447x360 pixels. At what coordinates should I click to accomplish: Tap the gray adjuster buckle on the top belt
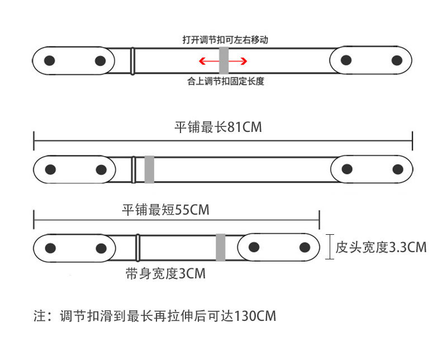[224, 60]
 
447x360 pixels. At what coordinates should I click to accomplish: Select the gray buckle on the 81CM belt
[149, 169]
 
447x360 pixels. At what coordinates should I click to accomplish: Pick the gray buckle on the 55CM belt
[221, 247]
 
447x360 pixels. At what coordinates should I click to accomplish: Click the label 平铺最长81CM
[218, 127]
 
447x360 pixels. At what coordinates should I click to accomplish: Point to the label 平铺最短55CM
[165, 210]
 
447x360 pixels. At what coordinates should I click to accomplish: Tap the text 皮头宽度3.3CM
[381, 247]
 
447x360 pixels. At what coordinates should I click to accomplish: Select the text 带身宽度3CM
[165, 274]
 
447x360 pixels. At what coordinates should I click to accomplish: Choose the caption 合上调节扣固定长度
[225, 82]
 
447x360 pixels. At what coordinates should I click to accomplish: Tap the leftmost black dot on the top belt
[50, 60]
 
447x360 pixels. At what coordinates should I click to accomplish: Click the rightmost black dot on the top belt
[397, 60]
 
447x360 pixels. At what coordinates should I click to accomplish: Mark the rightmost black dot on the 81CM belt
[397, 169]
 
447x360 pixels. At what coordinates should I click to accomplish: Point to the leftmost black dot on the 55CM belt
[50, 248]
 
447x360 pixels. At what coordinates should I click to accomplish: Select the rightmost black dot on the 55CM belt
[305, 247]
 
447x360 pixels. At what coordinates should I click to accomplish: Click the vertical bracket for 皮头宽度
[330, 247]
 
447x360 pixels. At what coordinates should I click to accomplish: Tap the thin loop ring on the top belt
[133, 60]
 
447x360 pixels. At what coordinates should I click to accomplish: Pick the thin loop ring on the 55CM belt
[138, 247]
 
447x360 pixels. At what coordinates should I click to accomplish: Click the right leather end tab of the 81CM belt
[372, 169]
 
